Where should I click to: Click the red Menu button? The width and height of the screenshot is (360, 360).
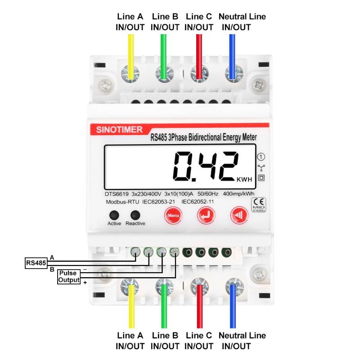coord(173,216)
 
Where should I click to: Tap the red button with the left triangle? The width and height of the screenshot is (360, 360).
coord(239,216)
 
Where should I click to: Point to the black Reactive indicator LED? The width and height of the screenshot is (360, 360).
coord(133,215)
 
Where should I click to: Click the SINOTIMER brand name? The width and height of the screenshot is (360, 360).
coord(119,130)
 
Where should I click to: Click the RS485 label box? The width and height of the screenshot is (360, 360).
coord(36,263)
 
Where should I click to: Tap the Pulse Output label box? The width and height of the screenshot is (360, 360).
coord(69,276)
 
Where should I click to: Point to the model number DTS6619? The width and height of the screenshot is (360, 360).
coord(117,194)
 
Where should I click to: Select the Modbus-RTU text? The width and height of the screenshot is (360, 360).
coord(121,202)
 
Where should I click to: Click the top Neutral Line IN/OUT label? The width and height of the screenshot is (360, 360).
coord(242,22)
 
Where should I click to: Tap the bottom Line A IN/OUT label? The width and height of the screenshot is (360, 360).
coord(130,341)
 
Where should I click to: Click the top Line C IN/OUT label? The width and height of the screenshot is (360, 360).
coord(198,22)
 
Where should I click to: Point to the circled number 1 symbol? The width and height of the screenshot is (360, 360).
coord(261,157)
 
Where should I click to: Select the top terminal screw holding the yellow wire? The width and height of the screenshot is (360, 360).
coord(130,72)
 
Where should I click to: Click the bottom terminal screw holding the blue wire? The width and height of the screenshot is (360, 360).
coord(232,286)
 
